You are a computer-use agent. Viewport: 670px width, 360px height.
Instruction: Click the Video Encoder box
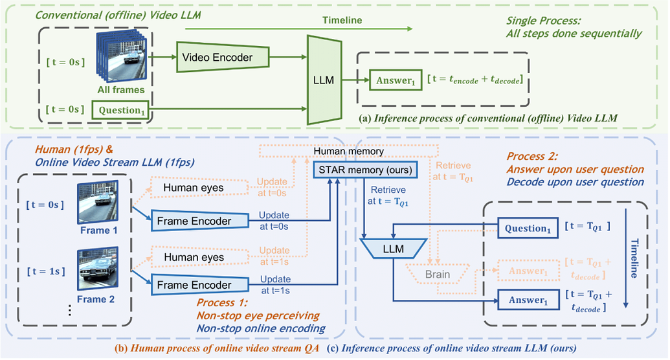(218, 58)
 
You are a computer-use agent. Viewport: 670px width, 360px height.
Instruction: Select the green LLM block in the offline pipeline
(324, 80)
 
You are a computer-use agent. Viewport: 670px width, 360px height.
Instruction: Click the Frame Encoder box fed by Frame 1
(193, 221)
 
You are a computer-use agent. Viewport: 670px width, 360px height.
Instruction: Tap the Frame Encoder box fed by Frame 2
(193, 284)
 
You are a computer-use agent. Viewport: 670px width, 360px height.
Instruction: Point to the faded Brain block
(438, 274)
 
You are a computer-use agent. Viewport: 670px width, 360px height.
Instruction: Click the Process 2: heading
(528, 156)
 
